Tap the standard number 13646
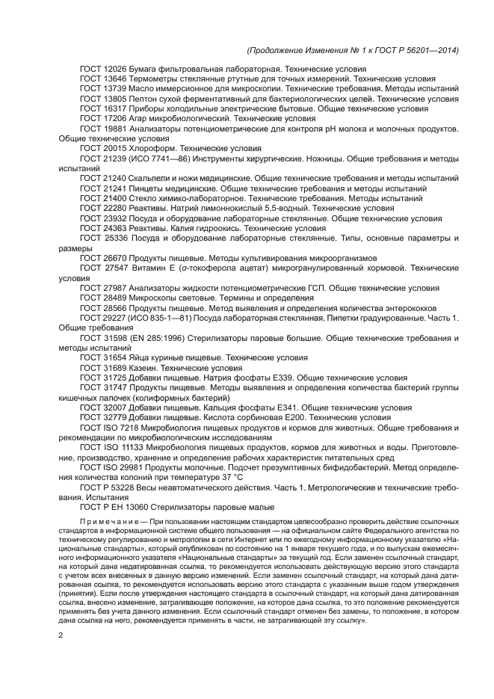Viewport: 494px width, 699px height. click(114, 78)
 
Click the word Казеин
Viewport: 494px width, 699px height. click(146, 368)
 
